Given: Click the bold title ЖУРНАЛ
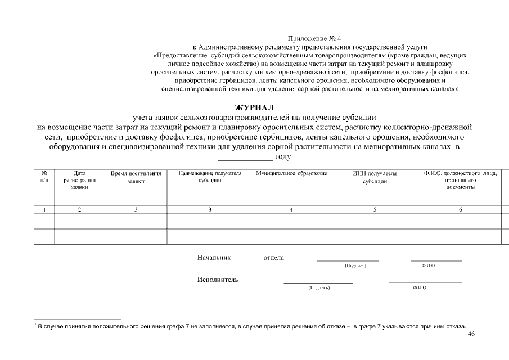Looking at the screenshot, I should pos(254,107).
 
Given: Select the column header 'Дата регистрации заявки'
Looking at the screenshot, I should pos(79,181).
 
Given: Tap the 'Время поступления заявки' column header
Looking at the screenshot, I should pos(136,177).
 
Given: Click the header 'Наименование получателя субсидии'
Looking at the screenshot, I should pos(210,177).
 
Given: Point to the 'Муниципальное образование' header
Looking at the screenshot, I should pos(291,173).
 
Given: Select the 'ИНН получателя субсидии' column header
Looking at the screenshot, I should pos(374,177).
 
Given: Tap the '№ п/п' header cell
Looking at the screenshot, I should pos(44,177).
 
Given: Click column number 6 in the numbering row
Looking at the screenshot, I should pos(460,210).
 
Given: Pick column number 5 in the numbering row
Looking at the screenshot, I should pos(374,210).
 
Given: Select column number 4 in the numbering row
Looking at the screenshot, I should pos(291,210).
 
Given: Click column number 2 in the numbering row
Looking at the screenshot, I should pos(79,210).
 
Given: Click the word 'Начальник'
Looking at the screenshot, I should pos(214,258).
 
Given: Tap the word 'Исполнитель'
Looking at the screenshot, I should pos(217,280).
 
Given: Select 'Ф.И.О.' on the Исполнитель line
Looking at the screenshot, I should pos(420,287).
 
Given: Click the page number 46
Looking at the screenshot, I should pos(471,334).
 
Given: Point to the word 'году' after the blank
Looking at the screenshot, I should pos(282,156).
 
